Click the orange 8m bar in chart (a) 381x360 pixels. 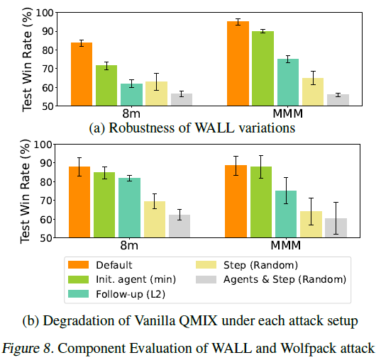click(x=82, y=74)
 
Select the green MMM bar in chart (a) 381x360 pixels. click(x=263, y=69)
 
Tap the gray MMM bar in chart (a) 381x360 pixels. click(x=338, y=100)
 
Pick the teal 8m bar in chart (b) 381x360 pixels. click(x=130, y=208)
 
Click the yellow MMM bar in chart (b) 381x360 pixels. click(x=311, y=225)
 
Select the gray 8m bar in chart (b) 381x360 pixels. click(x=180, y=226)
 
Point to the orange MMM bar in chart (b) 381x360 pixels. click(x=236, y=201)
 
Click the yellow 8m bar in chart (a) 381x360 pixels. click(x=157, y=94)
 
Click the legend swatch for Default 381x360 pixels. click(x=78, y=265)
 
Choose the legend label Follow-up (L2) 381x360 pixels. click(x=131, y=294)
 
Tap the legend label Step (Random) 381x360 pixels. click(x=260, y=265)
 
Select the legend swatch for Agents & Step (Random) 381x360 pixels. click(x=206, y=279)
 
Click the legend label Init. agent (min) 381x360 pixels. click(x=136, y=280)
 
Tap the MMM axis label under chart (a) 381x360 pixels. click(x=287, y=113)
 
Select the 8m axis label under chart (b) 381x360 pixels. click(x=129, y=245)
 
